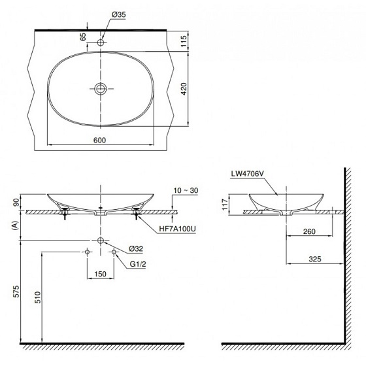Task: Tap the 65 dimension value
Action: point(84,37)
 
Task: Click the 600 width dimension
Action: point(100,139)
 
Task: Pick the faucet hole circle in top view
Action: point(100,42)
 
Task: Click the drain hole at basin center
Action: point(100,88)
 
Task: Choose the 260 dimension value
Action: point(310,231)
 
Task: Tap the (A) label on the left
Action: point(14,226)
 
